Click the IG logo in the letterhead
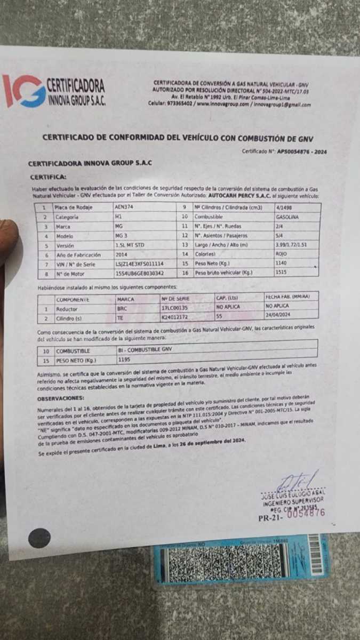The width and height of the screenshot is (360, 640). (x=24, y=91)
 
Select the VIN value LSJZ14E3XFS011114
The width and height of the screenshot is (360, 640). (x=139, y=263)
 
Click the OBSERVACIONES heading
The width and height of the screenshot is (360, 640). (x=61, y=398)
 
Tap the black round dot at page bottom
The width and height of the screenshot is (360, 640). (x=39, y=538)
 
